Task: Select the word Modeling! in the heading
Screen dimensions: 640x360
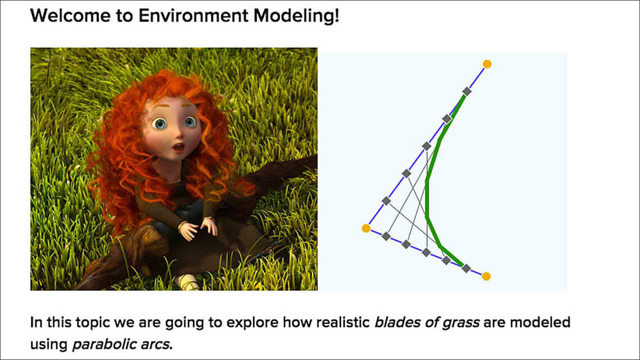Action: point(296,16)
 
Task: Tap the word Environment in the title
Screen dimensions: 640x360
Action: point(194,16)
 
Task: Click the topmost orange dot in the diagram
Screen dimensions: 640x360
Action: point(487,64)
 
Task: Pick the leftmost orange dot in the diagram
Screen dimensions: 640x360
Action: point(366,228)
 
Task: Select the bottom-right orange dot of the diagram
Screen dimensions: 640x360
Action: point(486,276)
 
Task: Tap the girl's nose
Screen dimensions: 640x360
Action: point(179,133)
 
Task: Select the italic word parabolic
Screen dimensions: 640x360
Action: point(99,344)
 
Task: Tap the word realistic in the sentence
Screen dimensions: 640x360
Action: point(342,322)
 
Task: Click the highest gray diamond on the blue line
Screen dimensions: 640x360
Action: point(467,92)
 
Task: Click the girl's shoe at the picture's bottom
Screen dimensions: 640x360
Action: point(187,281)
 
